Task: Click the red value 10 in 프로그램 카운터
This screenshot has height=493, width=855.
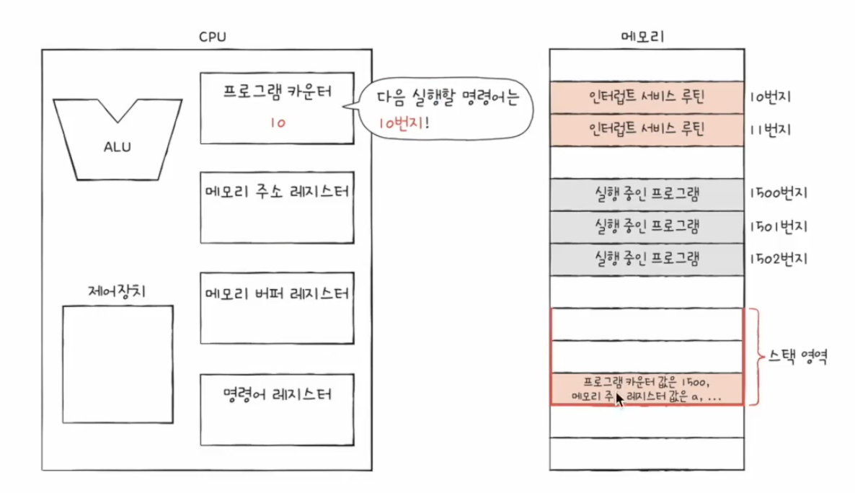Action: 277,123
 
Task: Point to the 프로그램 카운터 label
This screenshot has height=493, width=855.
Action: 277,93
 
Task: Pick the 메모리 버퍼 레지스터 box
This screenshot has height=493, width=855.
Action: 277,307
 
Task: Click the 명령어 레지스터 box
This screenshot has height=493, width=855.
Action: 277,409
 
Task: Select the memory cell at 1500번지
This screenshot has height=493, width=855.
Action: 647,195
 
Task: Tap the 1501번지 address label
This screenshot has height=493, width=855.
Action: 779,226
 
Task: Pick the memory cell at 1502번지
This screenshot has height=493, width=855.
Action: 647,259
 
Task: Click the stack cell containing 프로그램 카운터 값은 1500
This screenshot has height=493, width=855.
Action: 647,389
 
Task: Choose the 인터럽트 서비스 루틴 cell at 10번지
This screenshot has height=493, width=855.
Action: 647,97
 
